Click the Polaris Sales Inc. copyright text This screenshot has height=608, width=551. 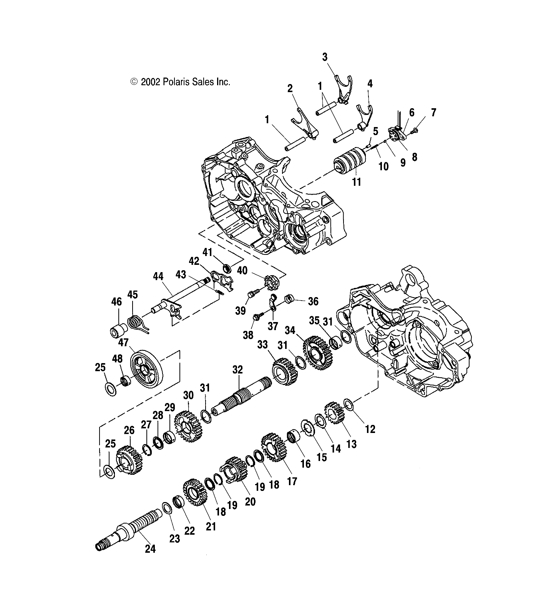(181, 82)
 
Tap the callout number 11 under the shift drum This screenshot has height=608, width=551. (357, 182)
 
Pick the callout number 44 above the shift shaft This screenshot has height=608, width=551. (158, 276)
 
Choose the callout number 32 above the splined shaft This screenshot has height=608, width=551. (238, 370)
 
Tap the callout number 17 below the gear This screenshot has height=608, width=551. (292, 481)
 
